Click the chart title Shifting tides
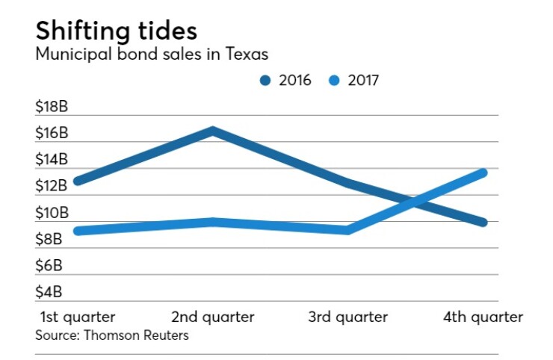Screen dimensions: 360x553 tap(117, 31)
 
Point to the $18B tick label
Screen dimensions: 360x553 tap(52, 107)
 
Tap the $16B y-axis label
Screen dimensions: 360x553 tap(52, 133)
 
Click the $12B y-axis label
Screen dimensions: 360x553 tap(52, 185)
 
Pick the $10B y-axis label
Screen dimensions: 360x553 tap(52, 212)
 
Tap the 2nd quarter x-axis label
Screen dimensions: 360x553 tap(213, 317)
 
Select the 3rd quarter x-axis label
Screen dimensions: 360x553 tap(348, 317)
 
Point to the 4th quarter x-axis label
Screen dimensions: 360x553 tap(484, 317)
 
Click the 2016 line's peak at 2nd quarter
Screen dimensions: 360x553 tap(213, 131)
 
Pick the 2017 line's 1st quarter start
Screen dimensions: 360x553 tap(78, 231)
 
